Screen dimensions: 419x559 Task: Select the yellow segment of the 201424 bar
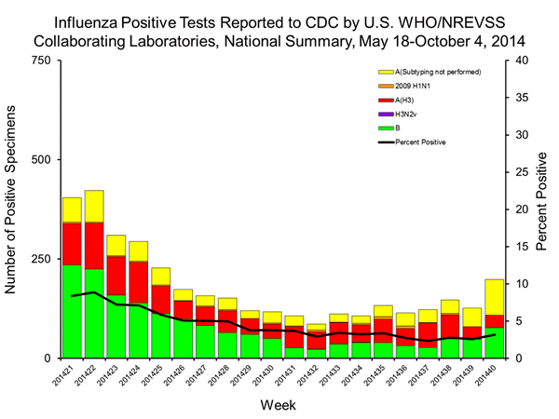click(x=138, y=250)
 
